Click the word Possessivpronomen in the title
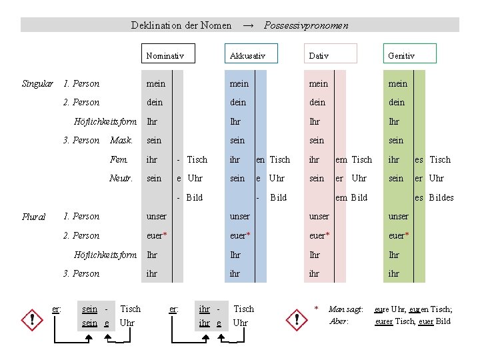pos(306,25)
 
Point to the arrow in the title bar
pos(248,25)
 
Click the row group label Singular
pos(37,83)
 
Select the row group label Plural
pos(33,217)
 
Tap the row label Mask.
pos(121,140)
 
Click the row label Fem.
pos(119,159)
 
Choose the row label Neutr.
pos(121,178)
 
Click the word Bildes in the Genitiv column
pos(441,197)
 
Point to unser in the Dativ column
pos(319,216)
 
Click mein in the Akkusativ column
pos(239,83)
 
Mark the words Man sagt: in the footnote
pos(346,309)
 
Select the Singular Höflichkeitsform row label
pos(105,121)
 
